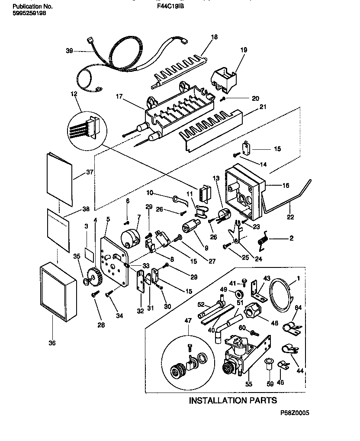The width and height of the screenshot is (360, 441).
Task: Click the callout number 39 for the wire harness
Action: [69, 51]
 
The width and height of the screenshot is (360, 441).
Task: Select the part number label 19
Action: [244, 50]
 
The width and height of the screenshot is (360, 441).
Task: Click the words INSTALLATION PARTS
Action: [233, 400]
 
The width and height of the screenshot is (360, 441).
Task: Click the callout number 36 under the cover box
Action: [51, 343]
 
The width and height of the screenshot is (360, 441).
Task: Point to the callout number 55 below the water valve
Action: [249, 384]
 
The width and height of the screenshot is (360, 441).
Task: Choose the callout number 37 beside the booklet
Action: [90, 172]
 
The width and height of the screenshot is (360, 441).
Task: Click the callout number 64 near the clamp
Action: [298, 308]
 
